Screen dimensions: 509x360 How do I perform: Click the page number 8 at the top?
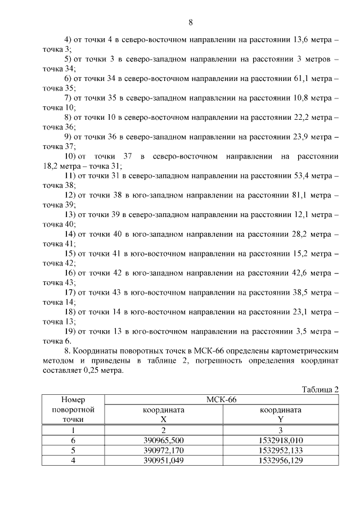pos(191,22)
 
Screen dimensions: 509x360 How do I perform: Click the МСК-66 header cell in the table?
pos(221,400)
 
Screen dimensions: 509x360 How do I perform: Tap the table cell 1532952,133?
pos(281,450)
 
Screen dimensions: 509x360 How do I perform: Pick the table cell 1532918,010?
pos(281,440)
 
